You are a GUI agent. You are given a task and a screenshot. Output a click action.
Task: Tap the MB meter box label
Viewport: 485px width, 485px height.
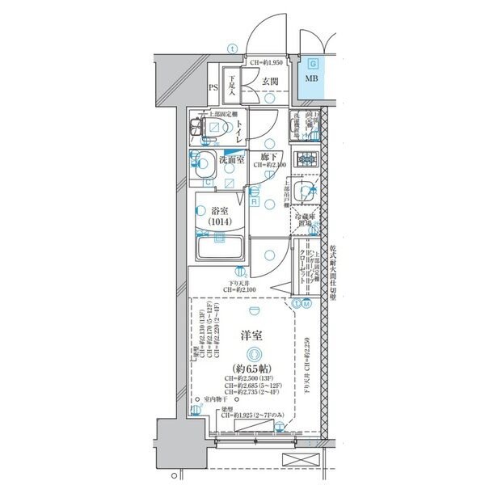(311, 79)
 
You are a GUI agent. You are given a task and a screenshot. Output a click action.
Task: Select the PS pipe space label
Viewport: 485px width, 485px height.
(213, 87)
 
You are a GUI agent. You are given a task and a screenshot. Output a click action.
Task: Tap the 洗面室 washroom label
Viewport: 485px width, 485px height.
(234, 159)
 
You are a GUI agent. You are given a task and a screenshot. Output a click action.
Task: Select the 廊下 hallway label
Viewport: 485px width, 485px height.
(269, 156)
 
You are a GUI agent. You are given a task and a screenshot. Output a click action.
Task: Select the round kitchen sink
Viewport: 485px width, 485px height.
(306, 192)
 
